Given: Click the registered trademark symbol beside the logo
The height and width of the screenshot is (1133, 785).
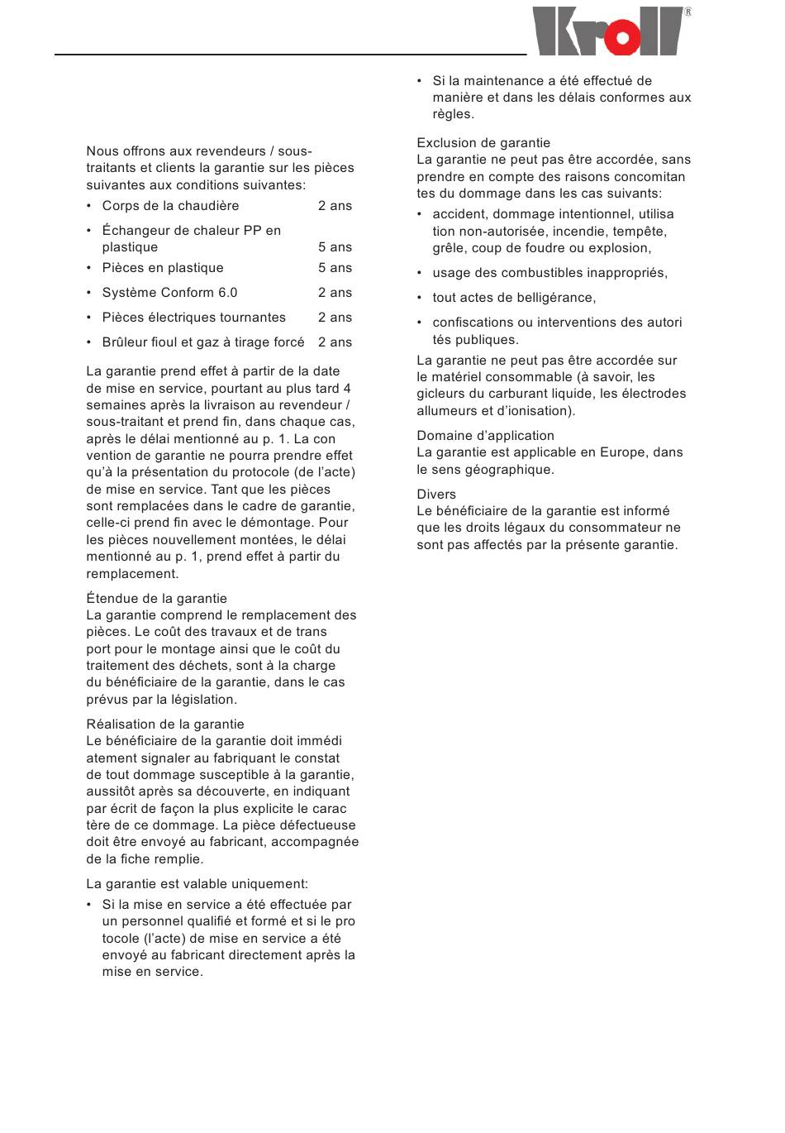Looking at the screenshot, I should click(x=687, y=12).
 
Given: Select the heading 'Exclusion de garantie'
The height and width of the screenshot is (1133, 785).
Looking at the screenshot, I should click(x=483, y=143).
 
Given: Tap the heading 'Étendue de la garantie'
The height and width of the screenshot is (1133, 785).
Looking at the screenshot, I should click(x=156, y=599).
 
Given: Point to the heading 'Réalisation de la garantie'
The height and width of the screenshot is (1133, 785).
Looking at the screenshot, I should click(x=165, y=724).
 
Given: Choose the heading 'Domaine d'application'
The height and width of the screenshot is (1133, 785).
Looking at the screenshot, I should click(x=485, y=436).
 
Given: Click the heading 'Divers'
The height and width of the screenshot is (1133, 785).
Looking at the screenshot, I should click(x=436, y=495).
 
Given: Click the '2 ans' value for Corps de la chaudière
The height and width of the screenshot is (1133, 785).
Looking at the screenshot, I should click(x=335, y=206).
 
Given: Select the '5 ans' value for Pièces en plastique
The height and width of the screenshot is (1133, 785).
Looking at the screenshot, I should click(x=335, y=268).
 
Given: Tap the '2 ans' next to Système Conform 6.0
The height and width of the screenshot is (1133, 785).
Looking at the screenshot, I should click(x=335, y=293).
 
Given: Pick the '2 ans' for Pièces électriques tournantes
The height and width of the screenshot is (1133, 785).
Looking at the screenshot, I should click(x=335, y=318).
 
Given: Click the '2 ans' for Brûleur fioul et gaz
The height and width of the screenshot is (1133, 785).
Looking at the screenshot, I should click(x=335, y=342).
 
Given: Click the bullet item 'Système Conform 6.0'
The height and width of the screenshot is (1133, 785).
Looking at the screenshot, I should click(x=169, y=293).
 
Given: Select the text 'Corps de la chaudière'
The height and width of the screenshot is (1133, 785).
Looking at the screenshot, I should click(x=170, y=206).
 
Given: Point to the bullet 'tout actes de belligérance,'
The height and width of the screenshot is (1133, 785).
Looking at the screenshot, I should click(x=514, y=298).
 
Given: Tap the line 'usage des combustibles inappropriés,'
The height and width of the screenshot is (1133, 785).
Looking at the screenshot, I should click(x=549, y=273).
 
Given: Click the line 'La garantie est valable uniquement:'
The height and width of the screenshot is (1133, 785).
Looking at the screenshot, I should click(x=197, y=884).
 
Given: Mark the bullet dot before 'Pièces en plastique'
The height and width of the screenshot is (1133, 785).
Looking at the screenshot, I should click(x=89, y=268).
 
